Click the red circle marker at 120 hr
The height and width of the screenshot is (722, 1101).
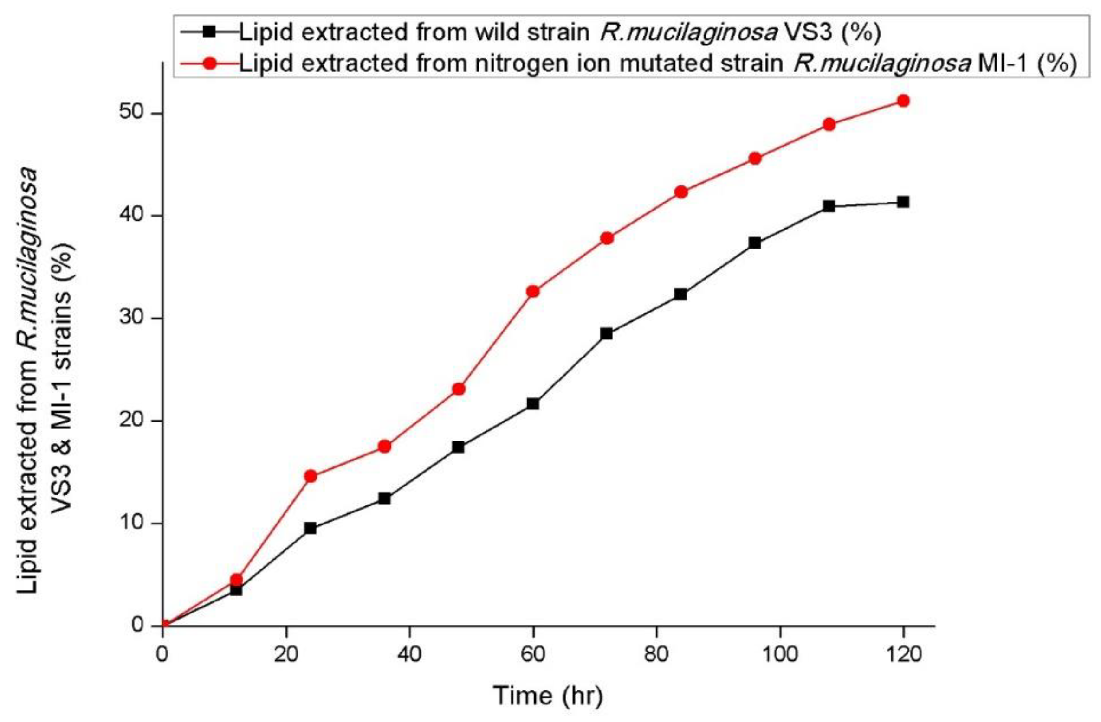coord(903,101)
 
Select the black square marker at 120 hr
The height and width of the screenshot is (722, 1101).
coord(903,202)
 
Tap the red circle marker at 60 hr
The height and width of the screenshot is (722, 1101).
coord(533,291)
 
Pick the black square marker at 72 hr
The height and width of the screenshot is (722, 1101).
coord(606,333)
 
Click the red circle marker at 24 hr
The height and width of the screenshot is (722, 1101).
coord(311,476)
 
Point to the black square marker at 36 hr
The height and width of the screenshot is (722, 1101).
coord(384,498)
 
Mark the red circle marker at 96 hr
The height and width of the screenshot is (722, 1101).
coord(755,159)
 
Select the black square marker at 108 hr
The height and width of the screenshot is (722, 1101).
coord(829,206)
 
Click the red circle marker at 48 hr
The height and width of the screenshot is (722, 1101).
coord(459,389)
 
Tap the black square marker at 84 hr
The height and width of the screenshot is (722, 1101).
coord(680,294)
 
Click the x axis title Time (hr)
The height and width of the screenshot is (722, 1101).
coord(548,696)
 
